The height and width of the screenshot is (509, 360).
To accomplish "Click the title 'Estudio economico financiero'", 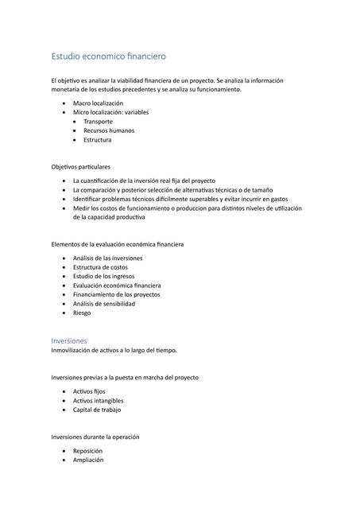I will point(108,56).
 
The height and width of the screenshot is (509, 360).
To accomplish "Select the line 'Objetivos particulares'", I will point(81,167).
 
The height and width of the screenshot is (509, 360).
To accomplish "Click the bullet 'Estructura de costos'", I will point(100,267).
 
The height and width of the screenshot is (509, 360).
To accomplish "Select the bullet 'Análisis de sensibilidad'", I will point(103,303).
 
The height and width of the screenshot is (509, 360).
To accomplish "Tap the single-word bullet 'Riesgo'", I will point(82,313).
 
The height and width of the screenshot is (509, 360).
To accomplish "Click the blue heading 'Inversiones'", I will point(69,340).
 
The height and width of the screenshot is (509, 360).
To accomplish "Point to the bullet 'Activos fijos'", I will point(90,392).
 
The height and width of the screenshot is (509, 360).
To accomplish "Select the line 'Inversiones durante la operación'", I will point(95,437).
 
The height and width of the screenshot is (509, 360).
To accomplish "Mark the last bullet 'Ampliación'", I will point(88,460).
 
